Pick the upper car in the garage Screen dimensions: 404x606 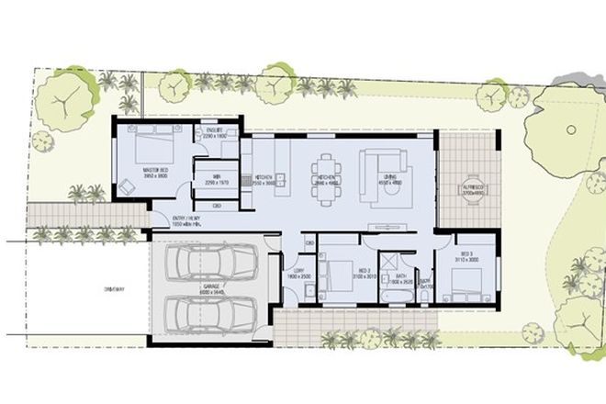209,264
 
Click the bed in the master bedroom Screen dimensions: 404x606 151,146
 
